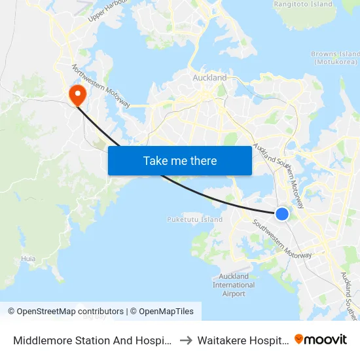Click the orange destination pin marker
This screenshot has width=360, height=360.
pyautogui.click(x=77, y=95)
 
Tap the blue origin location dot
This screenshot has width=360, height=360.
pyautogui.click(x=282, y=213)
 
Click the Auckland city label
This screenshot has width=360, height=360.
pyautogui.click(x=209, y=78)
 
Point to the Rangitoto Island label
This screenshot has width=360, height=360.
pyautogui.click(x=303, y=4)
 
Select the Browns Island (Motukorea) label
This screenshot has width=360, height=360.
pyautogui.click(x=335, y=58)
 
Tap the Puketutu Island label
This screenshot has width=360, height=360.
pyautogui.click(x=195, y=219)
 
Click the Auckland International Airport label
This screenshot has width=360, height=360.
pyautogui.click(x=234, y=285)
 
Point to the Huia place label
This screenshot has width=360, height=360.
pyautogui.click(x=28, y=259)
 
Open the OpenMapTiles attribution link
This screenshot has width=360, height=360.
pyautogui.click(x=162, y=312)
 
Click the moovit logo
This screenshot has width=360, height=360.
pyautogui.click(x=321, y=339)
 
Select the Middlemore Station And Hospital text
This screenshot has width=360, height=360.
pyautogui.click(x=91, y=340)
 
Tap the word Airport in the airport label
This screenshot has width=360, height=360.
pyautogui.click(x=234, y=294)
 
